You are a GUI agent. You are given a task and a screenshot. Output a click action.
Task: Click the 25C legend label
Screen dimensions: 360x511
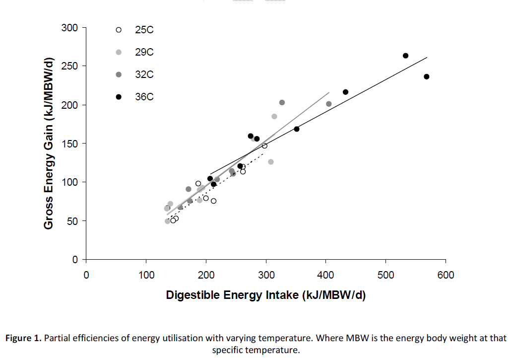(144, 30)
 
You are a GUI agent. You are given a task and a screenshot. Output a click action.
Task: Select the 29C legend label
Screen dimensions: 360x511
(144, 52)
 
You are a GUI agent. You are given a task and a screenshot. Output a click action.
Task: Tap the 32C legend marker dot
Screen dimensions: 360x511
(119, 74)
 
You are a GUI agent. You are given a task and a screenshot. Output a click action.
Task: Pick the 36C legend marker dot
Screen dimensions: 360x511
(119, 97)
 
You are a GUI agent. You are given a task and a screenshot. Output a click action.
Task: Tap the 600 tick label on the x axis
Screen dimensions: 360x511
(446, 275)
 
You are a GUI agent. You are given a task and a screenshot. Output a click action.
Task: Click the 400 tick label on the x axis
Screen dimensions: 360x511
(325, 275)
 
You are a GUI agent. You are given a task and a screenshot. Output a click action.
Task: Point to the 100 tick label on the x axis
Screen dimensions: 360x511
(146, 275)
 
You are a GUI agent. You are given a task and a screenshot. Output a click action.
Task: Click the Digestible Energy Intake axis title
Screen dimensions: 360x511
(265, 295)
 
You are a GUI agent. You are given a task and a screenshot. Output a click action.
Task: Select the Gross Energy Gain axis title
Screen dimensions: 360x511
(48, 144)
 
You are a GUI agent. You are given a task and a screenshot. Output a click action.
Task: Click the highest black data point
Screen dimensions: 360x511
(405, 56)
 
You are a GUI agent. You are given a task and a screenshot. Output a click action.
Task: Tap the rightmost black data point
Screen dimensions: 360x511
(427, 76)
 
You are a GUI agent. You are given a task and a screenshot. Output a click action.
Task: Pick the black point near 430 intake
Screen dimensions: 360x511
(345, 92)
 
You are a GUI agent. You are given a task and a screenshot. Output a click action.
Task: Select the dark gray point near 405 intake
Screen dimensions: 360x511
(328, 104)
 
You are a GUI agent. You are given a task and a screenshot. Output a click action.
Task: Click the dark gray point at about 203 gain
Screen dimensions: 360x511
(282, 102)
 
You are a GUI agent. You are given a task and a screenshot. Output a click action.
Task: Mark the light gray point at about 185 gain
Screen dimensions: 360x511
(274, 116)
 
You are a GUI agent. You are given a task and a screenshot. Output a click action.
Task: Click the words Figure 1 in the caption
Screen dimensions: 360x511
(23, 338)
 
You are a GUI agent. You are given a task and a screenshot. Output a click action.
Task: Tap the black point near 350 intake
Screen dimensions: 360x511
(297, 129)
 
